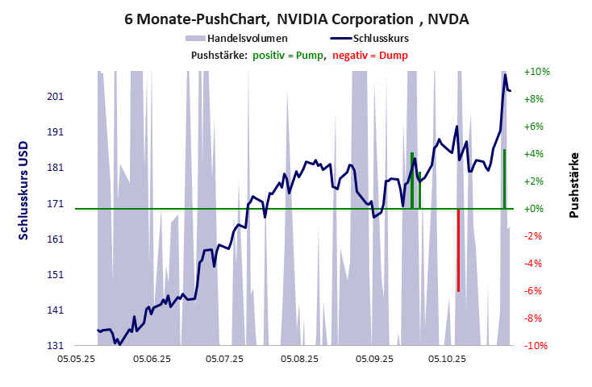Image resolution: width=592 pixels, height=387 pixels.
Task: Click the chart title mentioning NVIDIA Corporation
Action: [295, 17]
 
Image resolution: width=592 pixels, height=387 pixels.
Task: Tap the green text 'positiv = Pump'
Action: [289, 55]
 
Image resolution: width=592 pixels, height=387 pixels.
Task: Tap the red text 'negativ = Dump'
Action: [370, 55]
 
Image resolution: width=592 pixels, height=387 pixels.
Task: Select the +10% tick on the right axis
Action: [536, 72]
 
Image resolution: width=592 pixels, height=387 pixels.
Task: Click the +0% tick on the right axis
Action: [536, 209]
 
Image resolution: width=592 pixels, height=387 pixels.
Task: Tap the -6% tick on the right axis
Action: [536, 291]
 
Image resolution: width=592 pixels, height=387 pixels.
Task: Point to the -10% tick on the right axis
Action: [536, 346]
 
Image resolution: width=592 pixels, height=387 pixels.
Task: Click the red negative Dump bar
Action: [458, 250]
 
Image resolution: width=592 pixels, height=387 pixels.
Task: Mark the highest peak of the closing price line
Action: [505, 75]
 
